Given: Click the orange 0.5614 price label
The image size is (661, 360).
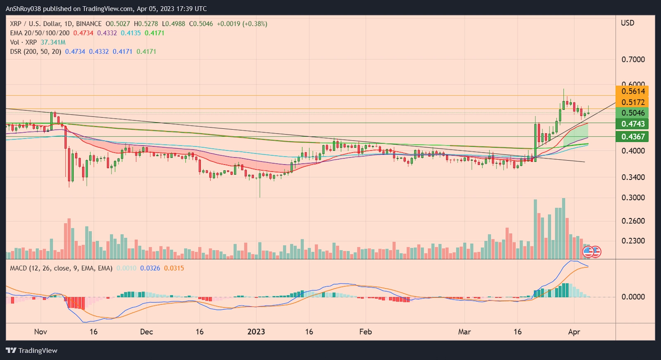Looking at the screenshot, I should pos(632,91).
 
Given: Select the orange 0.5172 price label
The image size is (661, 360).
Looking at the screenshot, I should pos(632,102).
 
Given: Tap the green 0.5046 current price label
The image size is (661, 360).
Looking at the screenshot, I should pos(632,113).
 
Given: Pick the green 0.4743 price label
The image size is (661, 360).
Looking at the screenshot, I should pos(632,124).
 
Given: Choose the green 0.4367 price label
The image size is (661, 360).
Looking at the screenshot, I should pos(632,137).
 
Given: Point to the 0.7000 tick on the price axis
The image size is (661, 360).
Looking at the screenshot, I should pos(633,59).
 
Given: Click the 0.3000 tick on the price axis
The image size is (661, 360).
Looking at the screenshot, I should pos(633,197).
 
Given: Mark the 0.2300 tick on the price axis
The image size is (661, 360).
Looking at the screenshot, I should pos(633,241).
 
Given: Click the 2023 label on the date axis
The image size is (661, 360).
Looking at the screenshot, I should pos(256,332).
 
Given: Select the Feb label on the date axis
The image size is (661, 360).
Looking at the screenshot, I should pos(366,332).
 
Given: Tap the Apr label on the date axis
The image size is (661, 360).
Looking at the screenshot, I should pos(574,332).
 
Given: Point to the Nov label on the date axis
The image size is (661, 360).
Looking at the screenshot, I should pos(40,332).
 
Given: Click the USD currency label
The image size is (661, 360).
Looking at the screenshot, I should pos(628,23).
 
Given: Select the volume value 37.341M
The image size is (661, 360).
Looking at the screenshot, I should pos(53,42).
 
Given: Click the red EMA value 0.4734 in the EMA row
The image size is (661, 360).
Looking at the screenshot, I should pos(83,33).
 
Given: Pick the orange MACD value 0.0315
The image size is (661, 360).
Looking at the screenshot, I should pos(174,268).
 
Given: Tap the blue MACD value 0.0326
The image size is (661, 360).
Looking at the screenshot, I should pos(150,268).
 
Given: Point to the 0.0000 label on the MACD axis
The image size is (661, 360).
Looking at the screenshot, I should pos(633,296).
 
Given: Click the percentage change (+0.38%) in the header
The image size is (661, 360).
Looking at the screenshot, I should pos(254,24).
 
